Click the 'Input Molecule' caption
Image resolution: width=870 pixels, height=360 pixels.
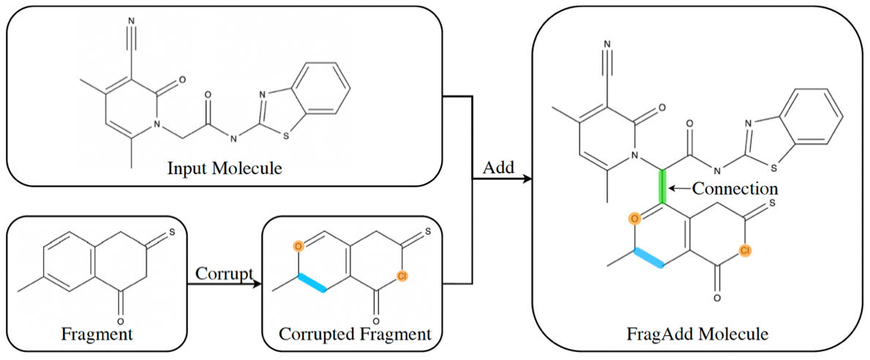[x=225, y=169]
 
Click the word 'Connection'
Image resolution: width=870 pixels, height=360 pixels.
[x=734, y=189]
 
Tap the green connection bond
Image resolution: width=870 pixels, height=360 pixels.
[x=663, y=187]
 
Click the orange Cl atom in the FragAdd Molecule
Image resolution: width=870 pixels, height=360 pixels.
[x=744, y=251]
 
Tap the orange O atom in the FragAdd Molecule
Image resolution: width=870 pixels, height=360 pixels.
[x=635, y=217]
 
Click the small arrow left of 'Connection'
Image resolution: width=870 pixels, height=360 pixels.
[x=680, y=190]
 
